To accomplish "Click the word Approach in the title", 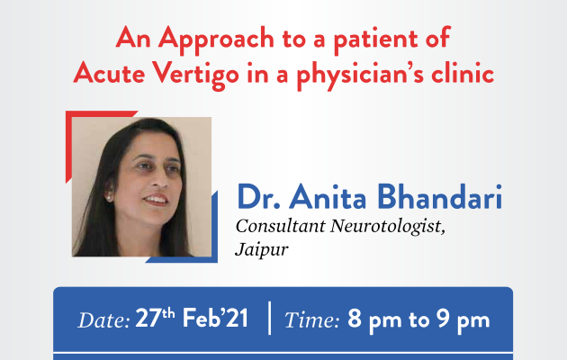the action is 216,40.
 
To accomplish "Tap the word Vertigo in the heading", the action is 195,75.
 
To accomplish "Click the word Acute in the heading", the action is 109,73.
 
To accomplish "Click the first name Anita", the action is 328,196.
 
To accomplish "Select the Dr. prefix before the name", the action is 258,197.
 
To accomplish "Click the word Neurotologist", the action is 388,227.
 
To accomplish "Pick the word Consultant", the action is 280,226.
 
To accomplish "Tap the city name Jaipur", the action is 262,249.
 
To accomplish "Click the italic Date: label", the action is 103,320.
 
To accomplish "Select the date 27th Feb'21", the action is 192,318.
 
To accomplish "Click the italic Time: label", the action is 311,320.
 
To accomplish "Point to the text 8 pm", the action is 374,319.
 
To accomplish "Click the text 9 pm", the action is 463,319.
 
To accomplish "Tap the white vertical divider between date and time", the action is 270,318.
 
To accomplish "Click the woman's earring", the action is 108,197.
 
